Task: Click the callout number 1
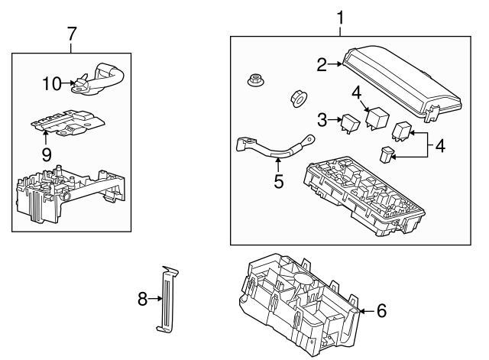pos(341,16)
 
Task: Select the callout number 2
pos(322,65)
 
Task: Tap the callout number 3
pos(322,119)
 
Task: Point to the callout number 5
pos(279,181)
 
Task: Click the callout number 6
pos(382,310)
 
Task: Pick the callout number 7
pos(72,34)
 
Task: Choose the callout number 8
pos(142,300)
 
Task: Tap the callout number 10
pos(51,83)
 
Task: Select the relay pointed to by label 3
pos(349,122)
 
